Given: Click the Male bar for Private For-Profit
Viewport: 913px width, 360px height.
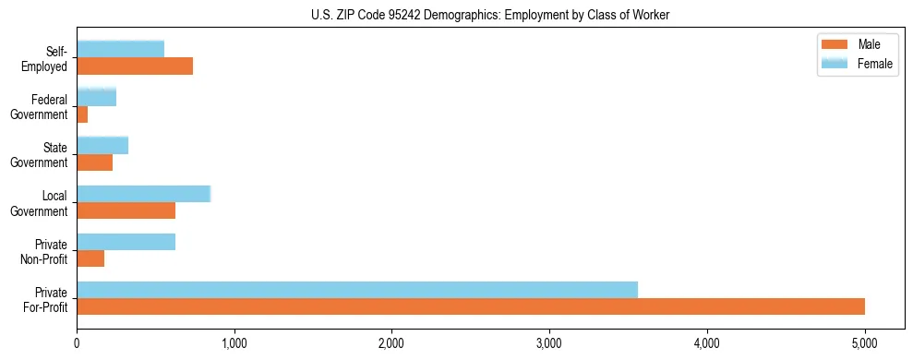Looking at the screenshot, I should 471,306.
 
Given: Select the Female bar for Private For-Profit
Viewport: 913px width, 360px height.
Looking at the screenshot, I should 357,289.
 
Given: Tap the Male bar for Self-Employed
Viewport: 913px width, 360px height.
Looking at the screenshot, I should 135,66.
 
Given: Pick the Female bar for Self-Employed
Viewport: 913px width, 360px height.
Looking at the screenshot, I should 120,49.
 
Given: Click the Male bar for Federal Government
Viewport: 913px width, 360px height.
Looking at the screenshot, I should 82,114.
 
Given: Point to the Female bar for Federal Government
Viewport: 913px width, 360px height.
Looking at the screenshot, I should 96,97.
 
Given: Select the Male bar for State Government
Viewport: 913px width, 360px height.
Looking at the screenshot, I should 94,162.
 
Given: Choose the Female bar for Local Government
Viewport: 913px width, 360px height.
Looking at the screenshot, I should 143,193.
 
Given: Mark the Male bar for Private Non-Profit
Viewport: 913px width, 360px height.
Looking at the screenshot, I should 90,258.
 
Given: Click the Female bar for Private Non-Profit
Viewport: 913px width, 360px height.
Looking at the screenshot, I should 126,242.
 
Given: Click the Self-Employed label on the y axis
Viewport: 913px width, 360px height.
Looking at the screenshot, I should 46,58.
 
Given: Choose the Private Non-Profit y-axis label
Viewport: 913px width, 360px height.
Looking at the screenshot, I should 45,251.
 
